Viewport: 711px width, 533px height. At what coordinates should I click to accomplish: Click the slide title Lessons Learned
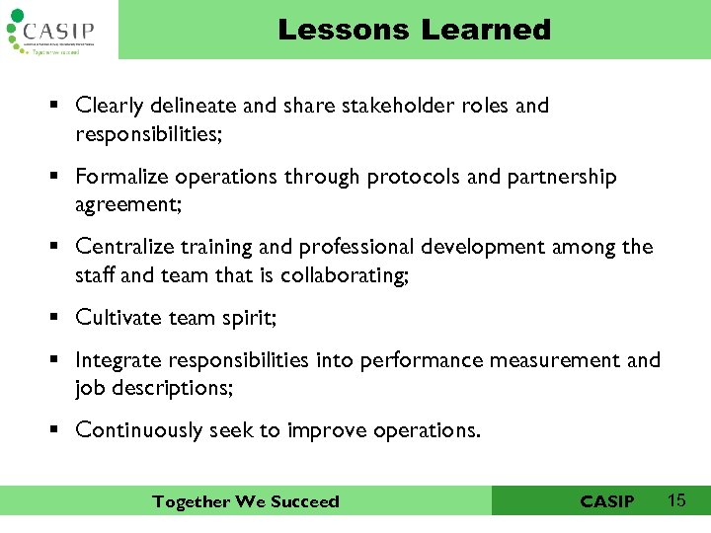click(414, 30)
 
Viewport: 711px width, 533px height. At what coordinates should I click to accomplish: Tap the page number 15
click(676, 500)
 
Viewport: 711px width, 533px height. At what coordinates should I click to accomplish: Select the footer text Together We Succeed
click(245, 501)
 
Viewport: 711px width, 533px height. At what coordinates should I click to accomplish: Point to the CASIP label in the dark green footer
click(607, 501)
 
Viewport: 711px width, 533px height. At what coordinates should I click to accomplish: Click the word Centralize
click(122, 247)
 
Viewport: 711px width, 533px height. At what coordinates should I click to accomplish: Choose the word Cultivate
click(116, 318)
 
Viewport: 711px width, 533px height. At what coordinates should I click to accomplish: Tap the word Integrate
click(117, 360)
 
